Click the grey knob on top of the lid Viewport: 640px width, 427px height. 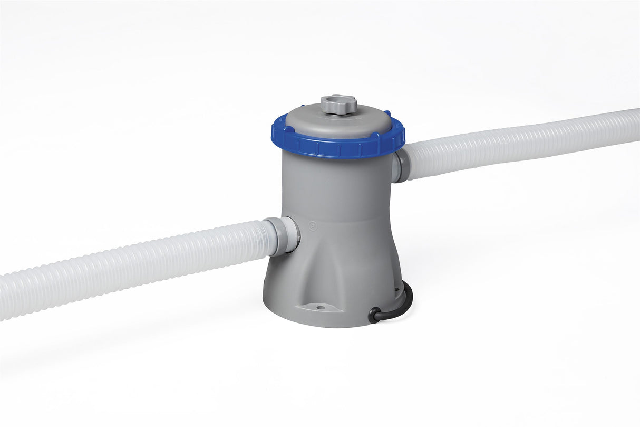tap(338, 104)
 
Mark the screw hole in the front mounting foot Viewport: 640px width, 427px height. tap(319, 306)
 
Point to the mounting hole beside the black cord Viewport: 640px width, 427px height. tap(394, 289)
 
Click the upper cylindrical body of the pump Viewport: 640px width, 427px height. tap(337, 185)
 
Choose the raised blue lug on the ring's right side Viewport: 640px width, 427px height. tap(387, 113)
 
